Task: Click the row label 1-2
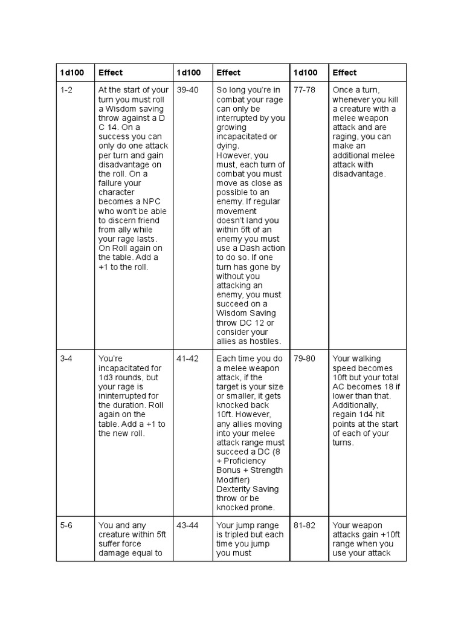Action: (66, 90)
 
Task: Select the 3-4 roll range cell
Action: (66, 359)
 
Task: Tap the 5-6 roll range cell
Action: (66, 526)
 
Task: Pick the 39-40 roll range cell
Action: (187, 90)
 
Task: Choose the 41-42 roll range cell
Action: (187, 359)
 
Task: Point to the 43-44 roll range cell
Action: (187, 526)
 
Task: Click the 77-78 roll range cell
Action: (304, 90)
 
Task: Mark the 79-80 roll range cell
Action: (304, 359)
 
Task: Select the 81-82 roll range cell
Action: (304, 526)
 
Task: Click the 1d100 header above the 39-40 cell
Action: (188, 73)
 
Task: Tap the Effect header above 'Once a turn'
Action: (344, 73)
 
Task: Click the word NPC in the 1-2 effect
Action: (156, 202)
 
